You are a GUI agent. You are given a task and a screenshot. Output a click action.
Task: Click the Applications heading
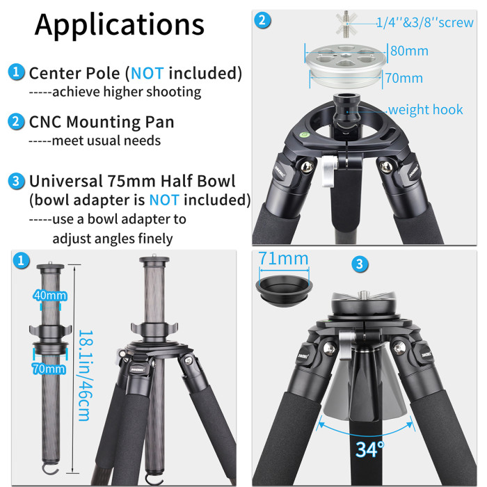pos(120,24)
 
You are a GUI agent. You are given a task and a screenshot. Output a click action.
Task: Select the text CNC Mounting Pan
pos(102,122)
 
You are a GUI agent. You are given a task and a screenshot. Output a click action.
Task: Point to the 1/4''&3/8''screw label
pos(425,22)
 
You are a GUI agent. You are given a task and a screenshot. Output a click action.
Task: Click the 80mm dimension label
pos(409,51)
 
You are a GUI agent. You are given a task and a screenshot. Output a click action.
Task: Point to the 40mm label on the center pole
pos(50,296)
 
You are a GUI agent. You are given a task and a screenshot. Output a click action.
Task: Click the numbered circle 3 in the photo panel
pos(359,264)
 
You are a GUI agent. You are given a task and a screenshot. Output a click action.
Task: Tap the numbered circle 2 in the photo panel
pos(262,20)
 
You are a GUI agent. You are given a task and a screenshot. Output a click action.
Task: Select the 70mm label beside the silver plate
pos(404,78)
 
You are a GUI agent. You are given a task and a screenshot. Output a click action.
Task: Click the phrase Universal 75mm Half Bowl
pos(132,182)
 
